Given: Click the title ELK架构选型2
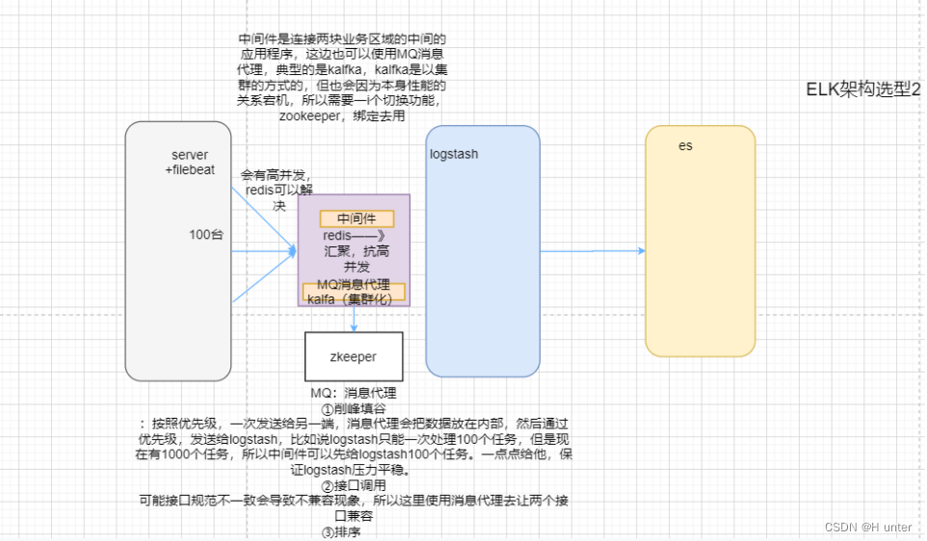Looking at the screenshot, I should coord(863,89).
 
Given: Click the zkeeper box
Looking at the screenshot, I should coord(353,356).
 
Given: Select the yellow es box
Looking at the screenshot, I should coord(700,241).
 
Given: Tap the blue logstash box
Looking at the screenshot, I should coord(482,250).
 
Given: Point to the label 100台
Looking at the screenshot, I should coord(206,234).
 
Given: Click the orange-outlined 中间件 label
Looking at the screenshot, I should coord(356,219).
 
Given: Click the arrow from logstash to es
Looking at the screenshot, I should coord(592,251).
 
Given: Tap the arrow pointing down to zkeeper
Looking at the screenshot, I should coord(355,320).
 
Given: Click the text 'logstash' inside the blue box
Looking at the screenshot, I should coord(454,154).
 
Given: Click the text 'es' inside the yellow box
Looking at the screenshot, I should coord(685,146).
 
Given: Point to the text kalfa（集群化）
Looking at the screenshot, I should coord(353,298).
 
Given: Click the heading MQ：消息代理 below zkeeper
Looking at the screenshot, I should coord(353,394).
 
